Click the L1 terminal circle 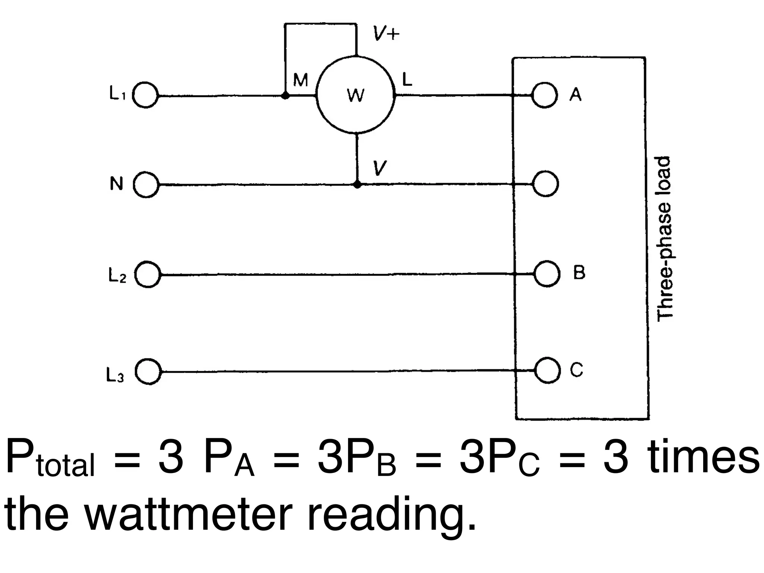(146, 95)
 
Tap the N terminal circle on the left (146, 184)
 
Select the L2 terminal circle (148, 275)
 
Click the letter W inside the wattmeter (355, 95)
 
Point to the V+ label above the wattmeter (386, 35)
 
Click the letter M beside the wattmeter (300, 80)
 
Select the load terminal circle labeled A (545, 95)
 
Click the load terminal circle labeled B (547, 274)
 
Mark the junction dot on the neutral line (357, 185)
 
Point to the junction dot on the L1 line (285, 96)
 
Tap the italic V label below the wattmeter (379, 168)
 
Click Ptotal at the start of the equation (50, 458)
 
